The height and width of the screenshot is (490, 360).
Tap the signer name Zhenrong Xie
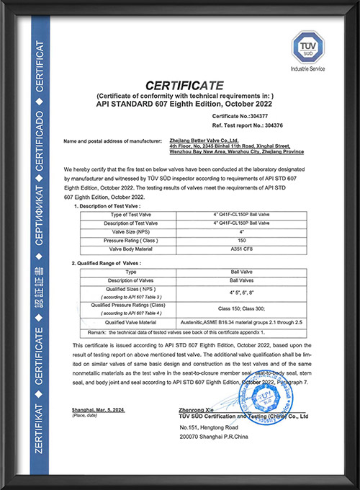click(x=195, y=409)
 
